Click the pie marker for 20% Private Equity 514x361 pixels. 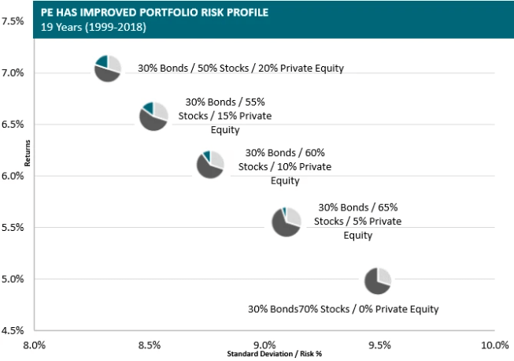107,69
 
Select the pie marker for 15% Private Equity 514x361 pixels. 153,116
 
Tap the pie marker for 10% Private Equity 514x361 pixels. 210,163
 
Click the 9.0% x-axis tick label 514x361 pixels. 264,345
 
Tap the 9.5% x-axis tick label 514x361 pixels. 379,345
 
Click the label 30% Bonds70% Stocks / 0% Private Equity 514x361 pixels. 343,309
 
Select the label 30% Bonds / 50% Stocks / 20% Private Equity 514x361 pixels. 241,69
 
